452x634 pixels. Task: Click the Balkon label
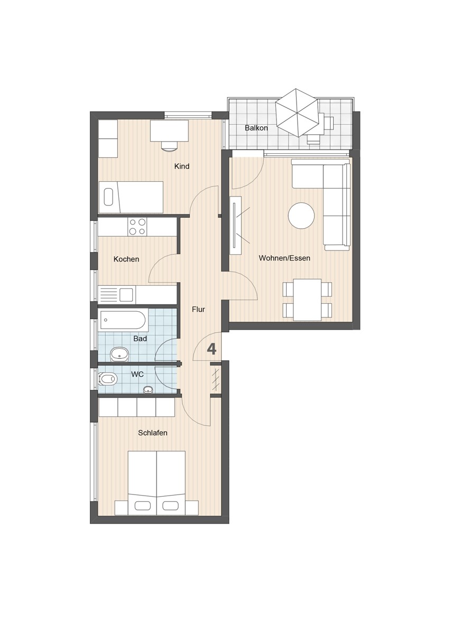click(256, 128)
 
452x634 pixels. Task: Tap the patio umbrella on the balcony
click(298, 112)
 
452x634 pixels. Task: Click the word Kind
click(182, 166)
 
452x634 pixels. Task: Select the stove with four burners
click(137, 227)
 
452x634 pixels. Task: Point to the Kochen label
click(126, 259)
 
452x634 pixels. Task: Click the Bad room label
click(140, 339)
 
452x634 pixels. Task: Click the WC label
click(137, 375)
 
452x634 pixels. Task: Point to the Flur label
click(198, 310)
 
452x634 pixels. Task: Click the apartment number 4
click(211, 349)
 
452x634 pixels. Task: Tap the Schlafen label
click(153, 433)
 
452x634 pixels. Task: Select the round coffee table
click(301, 216)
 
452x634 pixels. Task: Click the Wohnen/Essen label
click(284, 258)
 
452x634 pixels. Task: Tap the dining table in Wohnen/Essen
click(307, 300)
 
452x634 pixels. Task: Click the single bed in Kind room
click(131, 197)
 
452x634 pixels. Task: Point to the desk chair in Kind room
click(169, 146)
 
